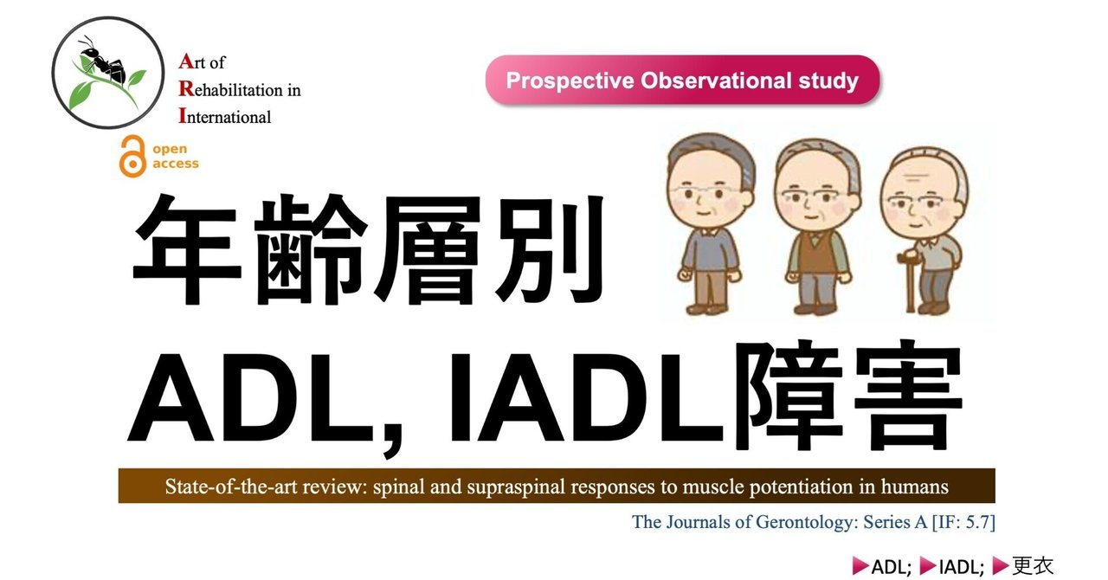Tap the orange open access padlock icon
(132, 156)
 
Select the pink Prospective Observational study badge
(682, 81)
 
